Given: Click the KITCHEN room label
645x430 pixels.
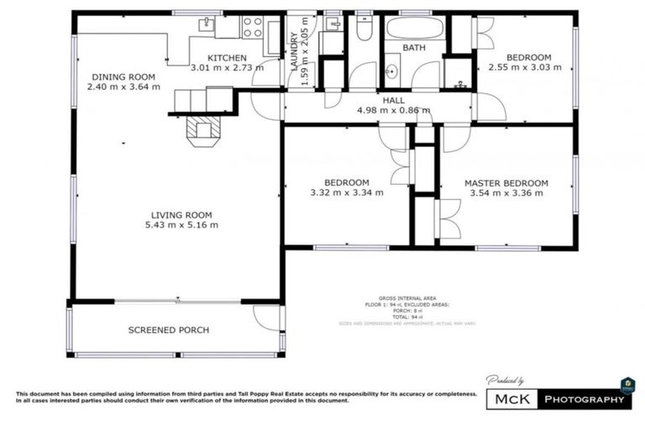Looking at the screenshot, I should (227, 57).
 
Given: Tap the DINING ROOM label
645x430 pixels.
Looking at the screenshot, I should (125, 76).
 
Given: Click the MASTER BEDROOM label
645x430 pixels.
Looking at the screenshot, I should (506, 183).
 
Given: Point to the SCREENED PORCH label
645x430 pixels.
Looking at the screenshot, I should (169, 330).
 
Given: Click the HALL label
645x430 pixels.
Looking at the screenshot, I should (393, 100).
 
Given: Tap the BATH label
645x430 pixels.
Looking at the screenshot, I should (413, 48).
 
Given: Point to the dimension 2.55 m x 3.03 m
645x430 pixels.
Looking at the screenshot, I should (527, 68).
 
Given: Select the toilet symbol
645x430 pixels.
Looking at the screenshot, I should (364, 29).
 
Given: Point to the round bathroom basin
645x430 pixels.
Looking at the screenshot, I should (391, 72).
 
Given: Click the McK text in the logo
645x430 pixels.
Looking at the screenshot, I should (512, 399).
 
